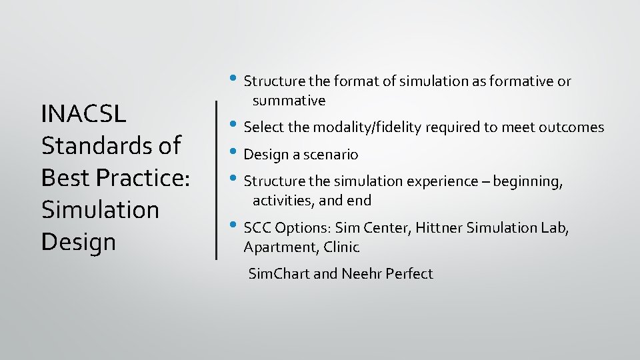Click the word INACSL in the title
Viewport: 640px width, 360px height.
coord(83,114)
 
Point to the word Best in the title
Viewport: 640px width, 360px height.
coord(63,177)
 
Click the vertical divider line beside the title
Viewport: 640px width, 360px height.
coord(216,179)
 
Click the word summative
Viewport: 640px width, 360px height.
coord(289,101)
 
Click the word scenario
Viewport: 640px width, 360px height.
coord(331,155)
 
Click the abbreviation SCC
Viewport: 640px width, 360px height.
coord(257,228)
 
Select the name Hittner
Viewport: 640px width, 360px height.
coord(439,228)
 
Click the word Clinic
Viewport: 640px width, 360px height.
coord(341,247)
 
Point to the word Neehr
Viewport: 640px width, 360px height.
coord(361,273)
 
